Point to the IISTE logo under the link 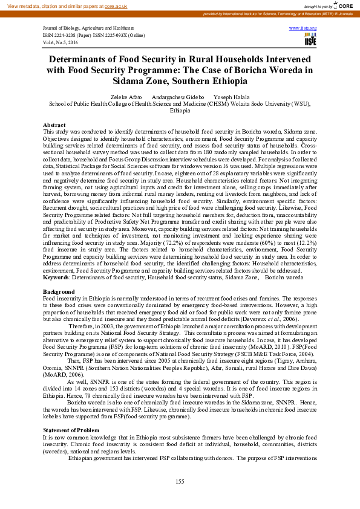[310, 40]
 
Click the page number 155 [180, 481]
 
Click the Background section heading [58, 292]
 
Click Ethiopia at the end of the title [226, 81]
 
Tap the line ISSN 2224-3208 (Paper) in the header [64, 35]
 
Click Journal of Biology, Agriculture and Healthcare [88, 28]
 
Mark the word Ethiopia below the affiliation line [180, 111]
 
